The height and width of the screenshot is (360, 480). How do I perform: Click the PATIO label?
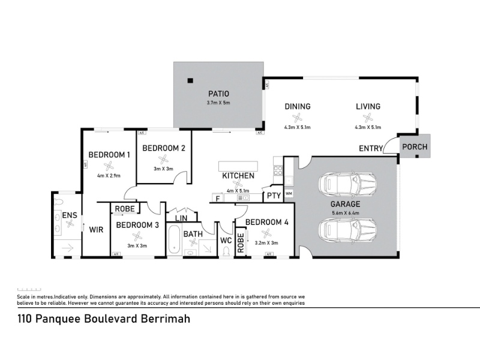218,94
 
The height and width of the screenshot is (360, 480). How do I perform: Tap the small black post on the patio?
190,81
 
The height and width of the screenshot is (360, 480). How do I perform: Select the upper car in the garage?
349,184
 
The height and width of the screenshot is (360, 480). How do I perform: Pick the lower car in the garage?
349,229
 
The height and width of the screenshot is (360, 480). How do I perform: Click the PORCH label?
414,147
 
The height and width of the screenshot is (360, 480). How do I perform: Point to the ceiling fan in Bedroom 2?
162,159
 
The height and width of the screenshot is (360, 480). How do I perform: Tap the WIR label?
96,229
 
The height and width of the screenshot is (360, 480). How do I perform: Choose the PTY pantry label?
274,196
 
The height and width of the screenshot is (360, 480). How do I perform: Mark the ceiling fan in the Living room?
368,118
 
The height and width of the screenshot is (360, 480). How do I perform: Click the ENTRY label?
371,148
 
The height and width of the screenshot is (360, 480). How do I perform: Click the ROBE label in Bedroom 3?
125,209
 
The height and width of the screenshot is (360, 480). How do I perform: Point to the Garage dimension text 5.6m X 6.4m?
346,212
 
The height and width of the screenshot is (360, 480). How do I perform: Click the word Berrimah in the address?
165,319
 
